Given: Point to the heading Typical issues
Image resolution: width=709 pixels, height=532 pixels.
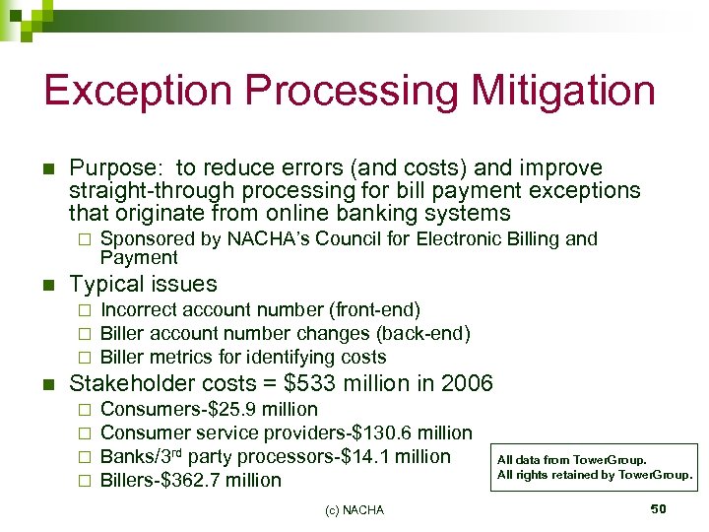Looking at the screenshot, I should coord(143,284).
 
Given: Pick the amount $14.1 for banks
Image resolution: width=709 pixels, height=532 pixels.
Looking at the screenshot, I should coord(333,456).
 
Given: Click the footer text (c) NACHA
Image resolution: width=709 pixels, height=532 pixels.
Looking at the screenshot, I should coord(354,509).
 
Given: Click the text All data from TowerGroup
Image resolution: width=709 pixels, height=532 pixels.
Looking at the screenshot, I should coord(571,459).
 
